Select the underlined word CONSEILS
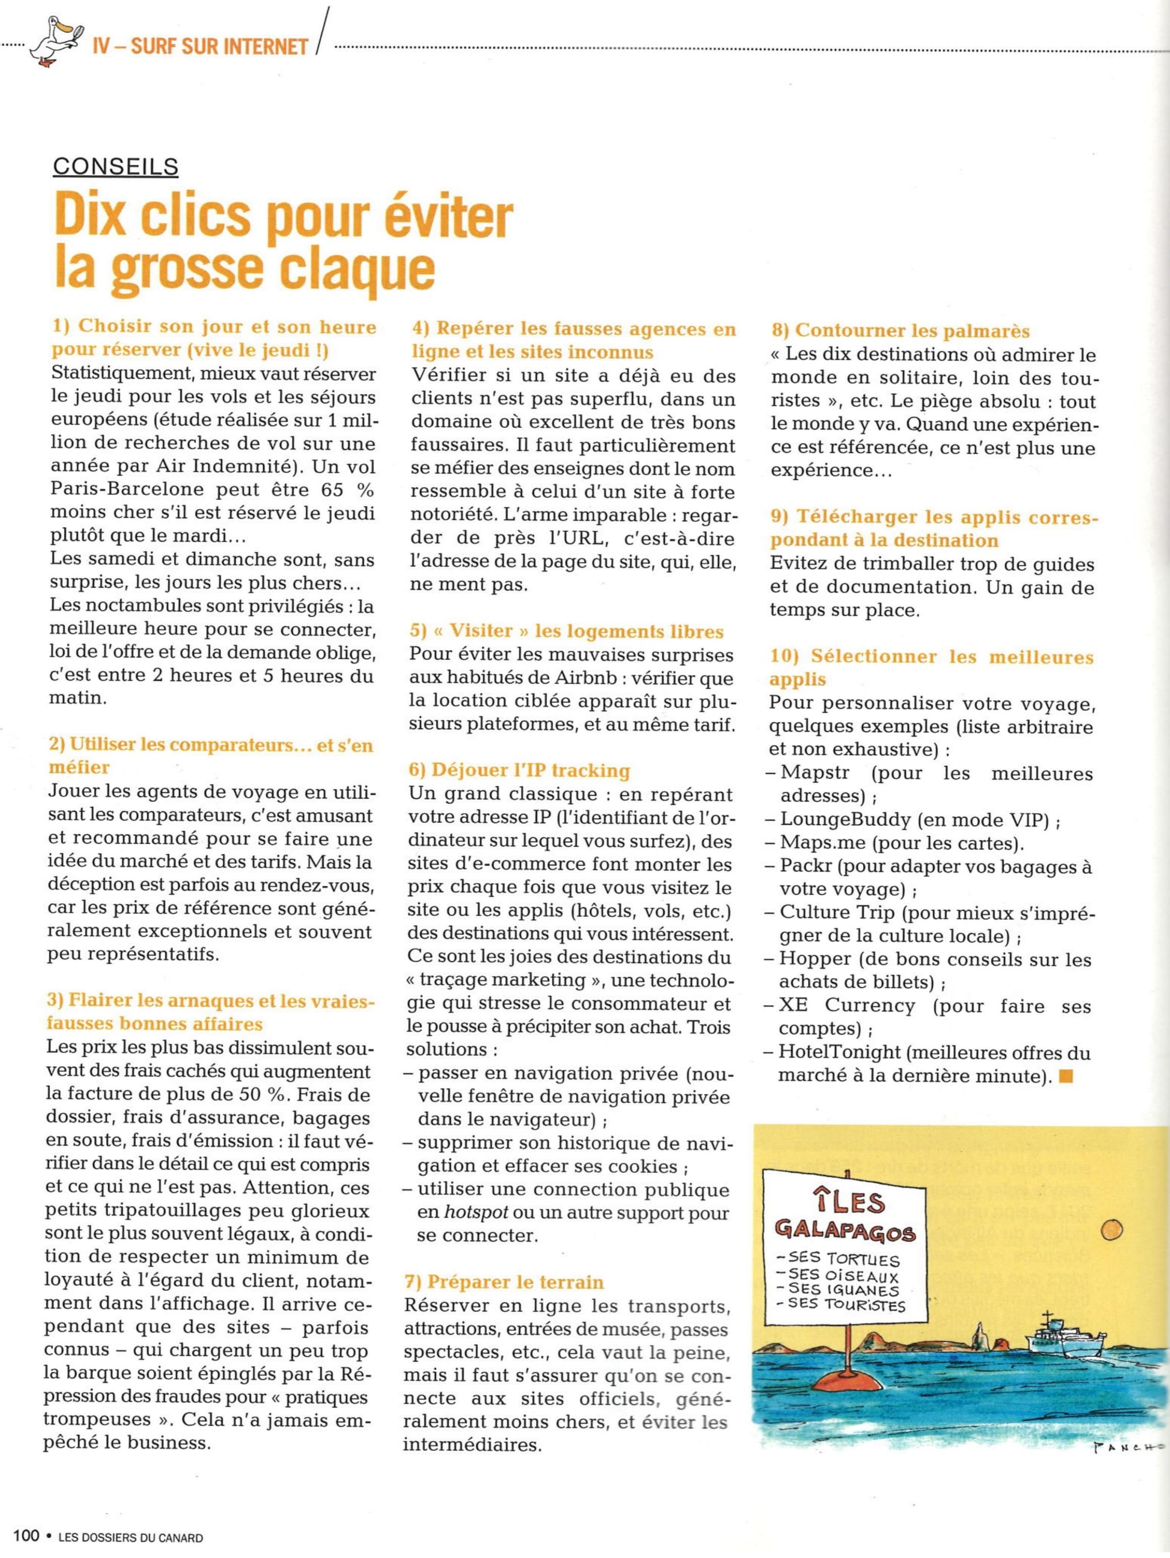tap(115, 166)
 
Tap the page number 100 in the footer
tap(25, 1536)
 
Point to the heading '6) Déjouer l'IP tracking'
tap(519, 771)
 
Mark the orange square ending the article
tap(1066, 1076)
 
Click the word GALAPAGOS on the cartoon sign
tap(845, 1231)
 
